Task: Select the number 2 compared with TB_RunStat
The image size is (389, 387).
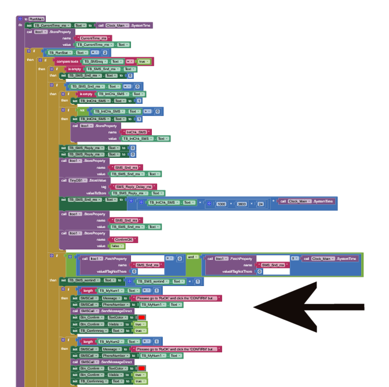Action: [x=105, y=53]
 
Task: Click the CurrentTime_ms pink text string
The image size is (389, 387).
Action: [x=93, y=38]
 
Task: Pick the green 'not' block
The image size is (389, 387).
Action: [x=82, y=110]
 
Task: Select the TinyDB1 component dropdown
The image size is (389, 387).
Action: [x=79, y=180]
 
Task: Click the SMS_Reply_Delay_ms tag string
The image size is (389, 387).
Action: [x=134, y=187]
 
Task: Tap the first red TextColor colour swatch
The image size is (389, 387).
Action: [x=141, y=317]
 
